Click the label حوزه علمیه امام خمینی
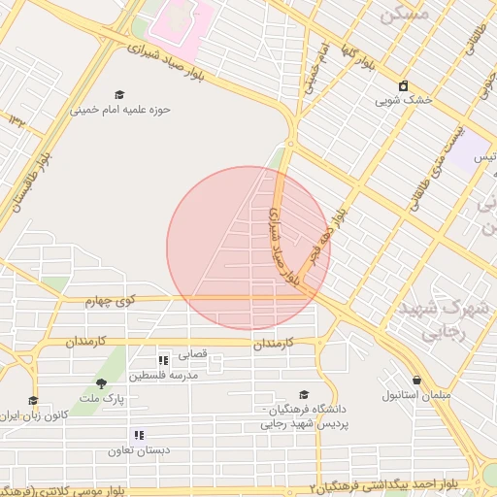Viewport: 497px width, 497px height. [119, 110]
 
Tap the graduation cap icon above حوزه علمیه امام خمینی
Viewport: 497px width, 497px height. [119, 95]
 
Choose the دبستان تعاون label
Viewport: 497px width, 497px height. [139, 449]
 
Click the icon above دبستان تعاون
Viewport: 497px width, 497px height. [139, 435]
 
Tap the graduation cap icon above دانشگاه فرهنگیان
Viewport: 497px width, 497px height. [305, 395]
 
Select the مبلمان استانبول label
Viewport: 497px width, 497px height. [417, 395]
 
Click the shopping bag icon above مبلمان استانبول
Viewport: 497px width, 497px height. [417, 381]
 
